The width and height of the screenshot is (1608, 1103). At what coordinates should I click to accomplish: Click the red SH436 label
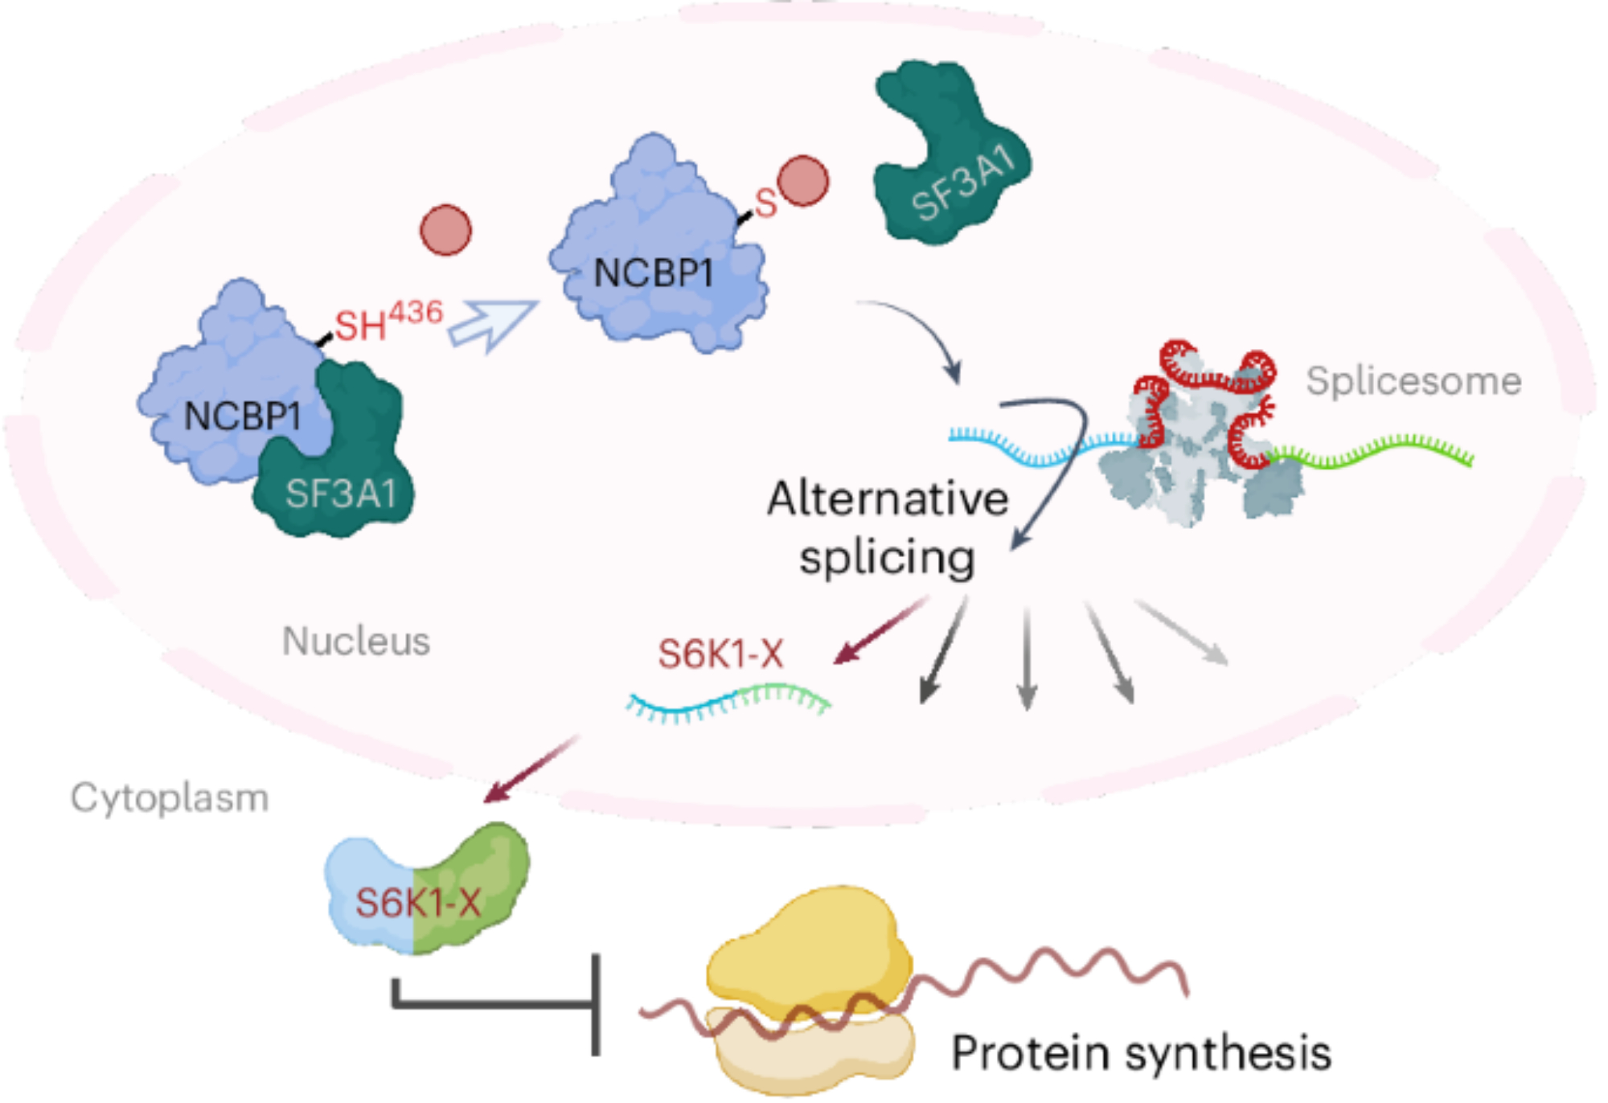tap(388, 322)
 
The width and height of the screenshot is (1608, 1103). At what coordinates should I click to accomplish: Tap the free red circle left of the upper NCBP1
tap(445, 230)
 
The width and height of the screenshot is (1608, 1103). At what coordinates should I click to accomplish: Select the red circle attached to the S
tap(802, 181)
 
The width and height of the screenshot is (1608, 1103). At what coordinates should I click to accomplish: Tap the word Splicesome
tap(1413, 380)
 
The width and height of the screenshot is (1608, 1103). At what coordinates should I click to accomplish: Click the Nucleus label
tap(356, 641)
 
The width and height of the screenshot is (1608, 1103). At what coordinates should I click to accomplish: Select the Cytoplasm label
tap(170, 798)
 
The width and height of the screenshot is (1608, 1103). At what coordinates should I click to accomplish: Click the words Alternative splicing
tap(888, 527)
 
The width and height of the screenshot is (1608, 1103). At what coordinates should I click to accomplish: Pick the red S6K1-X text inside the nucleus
tap(720, 653)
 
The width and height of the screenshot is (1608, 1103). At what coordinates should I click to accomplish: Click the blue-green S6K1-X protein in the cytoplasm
tap(426, 888)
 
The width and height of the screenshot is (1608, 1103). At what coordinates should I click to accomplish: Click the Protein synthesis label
tap(1141, 1052)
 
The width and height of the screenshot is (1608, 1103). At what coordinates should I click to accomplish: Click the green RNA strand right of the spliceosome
tap(1375, 453)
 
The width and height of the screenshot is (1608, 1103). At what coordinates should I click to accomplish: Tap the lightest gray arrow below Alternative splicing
tap(1182, 633)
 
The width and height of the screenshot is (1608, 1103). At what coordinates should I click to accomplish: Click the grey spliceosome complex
tap(1198, 450)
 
